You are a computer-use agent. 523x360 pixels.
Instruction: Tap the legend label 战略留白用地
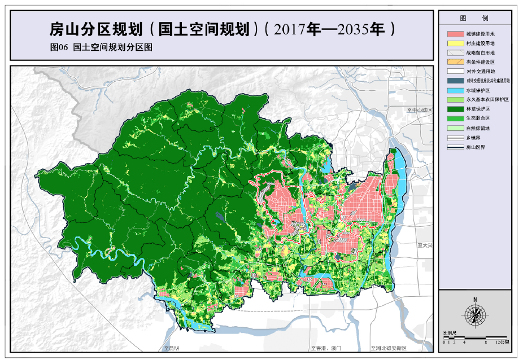coord(480,52)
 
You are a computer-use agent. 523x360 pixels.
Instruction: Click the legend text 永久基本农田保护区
coord(487,99)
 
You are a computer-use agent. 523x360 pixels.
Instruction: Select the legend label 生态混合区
coord(478,118)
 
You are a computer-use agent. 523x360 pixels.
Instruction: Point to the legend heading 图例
coord(476,18)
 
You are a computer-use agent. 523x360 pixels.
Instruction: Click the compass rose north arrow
coord(476,313)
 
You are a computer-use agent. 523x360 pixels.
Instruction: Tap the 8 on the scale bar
coord(486,342)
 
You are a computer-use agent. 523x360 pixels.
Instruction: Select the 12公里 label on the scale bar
coord(502,342)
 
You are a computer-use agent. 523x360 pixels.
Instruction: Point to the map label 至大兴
coord(425,245)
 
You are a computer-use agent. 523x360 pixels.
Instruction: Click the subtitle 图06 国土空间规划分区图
coord(102,49)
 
